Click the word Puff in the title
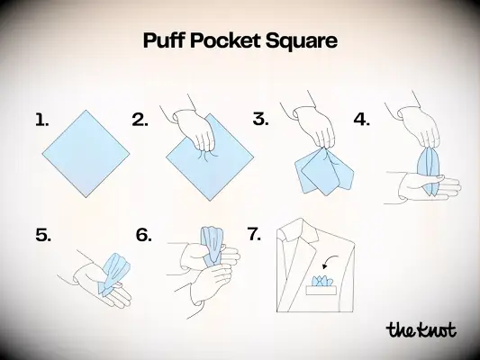(x=166, y=41)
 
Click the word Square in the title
(x=305, y=41)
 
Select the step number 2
(x=140, y=119)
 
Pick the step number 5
(x=43, y=235)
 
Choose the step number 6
(x=144, y=235)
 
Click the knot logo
(x=420, y=328)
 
